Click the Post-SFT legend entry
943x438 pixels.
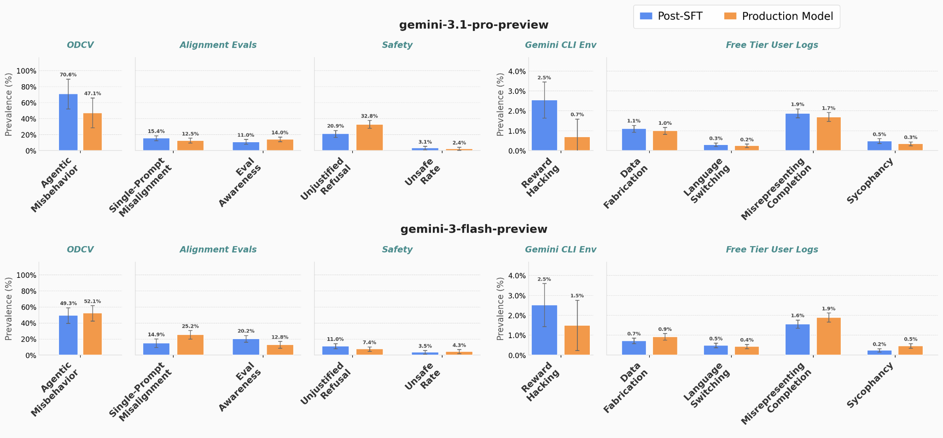tap(671, 16)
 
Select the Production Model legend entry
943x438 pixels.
tap(778, 16)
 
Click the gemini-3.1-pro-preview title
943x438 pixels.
tap(474, 25)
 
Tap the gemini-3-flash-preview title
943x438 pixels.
tap(474, 229)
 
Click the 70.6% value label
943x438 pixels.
tap(68, 74)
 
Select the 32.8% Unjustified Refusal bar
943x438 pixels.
tap(370, 138)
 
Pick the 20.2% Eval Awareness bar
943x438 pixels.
tap(246, 347)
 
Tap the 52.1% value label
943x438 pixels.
tap(92, 301)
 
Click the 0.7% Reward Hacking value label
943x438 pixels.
tap(577, 114)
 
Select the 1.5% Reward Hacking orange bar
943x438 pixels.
tap(577, 341)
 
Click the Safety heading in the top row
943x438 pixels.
tap(397, 45)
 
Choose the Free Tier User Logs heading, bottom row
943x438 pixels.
tap(772, 250)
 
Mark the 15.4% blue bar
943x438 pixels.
tap(157, 145)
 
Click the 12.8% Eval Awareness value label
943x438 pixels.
tap(280, 337)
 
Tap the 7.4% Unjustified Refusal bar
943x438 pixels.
tap(370, 352)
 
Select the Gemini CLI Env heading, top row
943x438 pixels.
tap(561, 45)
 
